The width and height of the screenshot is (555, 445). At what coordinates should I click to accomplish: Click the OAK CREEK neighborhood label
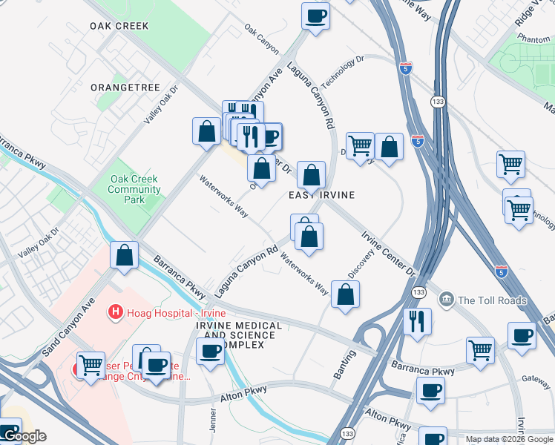click(x=119, y=26)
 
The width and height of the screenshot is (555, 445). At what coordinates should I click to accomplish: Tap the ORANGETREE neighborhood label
click(x=125, y=88)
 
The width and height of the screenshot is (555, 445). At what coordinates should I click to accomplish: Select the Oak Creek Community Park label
click(x=134, y=189)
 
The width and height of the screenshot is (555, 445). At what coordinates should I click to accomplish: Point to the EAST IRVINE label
click(x=321, y=195)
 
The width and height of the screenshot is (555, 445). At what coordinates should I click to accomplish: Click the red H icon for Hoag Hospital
click(x=115, y=312)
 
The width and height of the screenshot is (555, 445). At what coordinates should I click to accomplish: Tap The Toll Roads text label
click(x=492, y=300)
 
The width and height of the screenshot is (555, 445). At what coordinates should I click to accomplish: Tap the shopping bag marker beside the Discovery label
click(x=345, y=294)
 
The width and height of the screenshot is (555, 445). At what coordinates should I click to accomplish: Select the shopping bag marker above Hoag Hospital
click(x=125, y=254)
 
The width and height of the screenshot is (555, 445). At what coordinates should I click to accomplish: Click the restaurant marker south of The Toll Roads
click(x=416, y=322)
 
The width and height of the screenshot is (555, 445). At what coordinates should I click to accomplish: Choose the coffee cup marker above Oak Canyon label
click(x=315, y=16)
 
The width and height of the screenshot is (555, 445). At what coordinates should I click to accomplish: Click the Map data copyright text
click(x=510, y=438)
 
